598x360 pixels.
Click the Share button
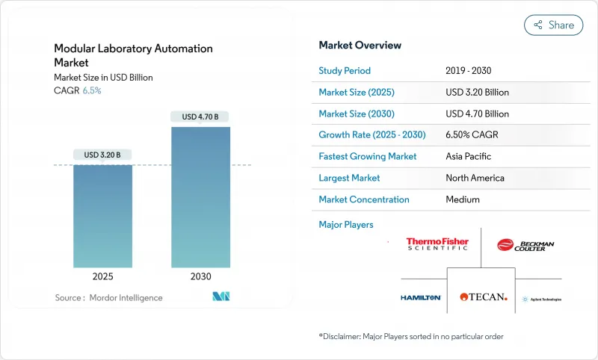[553, 25]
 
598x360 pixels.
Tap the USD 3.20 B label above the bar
[102, 155]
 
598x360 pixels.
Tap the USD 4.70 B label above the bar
[200, 117]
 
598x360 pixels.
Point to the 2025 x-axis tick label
[102, 276]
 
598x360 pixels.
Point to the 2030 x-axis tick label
[200, 276]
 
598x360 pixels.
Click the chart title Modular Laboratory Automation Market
[133, 55]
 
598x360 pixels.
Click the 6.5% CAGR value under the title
[90, 90]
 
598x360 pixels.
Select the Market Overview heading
[360, 46]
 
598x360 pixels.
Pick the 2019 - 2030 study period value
[468, 71]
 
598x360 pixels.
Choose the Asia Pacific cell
[469, 157]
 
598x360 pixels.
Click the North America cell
[475, 178]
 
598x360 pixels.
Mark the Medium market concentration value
[462, 199]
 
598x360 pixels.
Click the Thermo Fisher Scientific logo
[437, 244]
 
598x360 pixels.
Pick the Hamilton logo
[421, 297]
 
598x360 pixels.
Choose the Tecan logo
[483, 297]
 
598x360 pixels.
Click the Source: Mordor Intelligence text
[108, 298]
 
